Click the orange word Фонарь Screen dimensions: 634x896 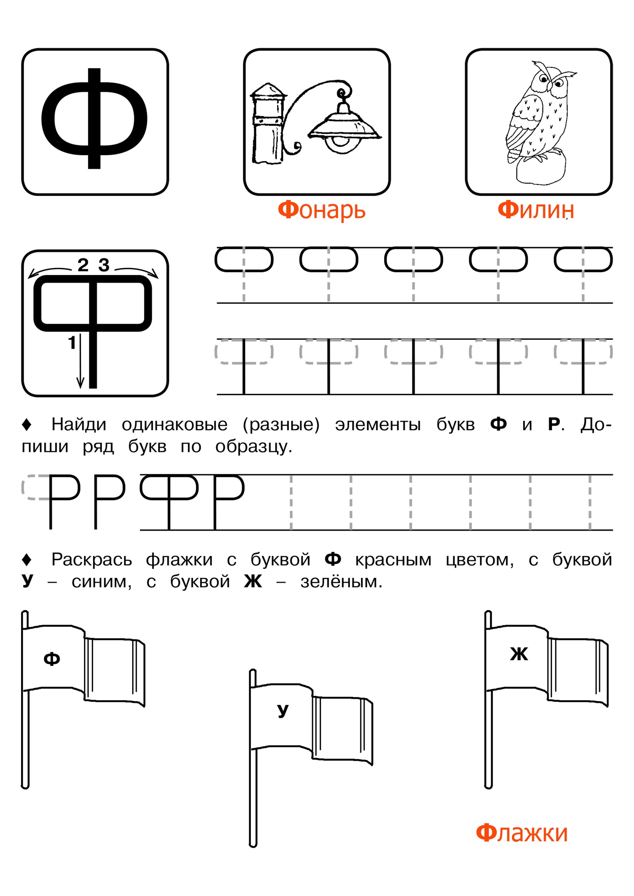(x=321, y=211)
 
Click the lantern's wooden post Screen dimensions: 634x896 (x=268, y=123)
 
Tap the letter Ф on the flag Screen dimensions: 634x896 (x=51, y=659)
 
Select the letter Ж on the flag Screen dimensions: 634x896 (x=519, y=654)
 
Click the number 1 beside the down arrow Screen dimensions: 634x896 (x=72, y=343)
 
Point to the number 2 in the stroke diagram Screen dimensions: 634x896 (x=83, y=265)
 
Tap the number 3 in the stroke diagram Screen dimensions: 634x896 (x=104, y=265)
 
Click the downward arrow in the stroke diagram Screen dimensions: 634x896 (x=80, y=361)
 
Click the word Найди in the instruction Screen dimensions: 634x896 (x=79, y=424)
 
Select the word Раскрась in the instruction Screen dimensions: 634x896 (x=92, y=560)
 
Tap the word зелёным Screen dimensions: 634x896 (x=341, y=582)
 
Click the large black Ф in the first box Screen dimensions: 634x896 (x=94, y=119)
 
